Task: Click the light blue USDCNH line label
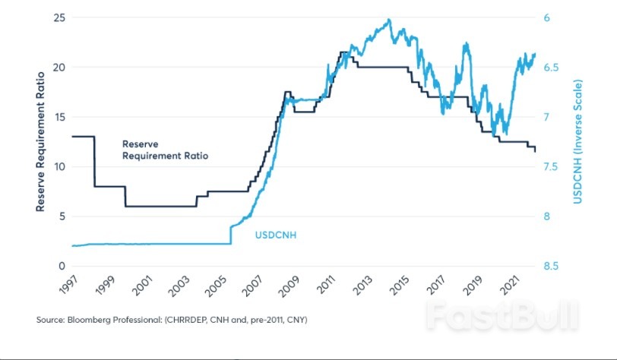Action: (x=275, y=235)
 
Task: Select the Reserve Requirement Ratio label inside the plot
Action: (x=165, y=149)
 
